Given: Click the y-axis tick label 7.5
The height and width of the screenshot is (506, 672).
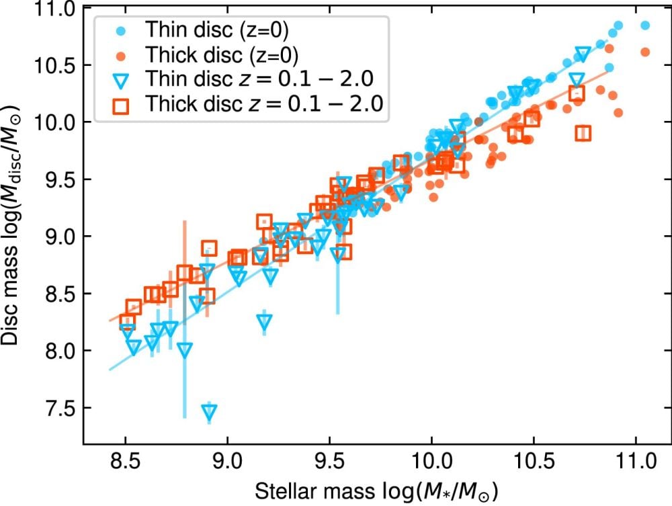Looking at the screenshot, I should click(x=61, y=409).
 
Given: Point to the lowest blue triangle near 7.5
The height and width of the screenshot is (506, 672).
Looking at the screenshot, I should click(x=210, y=413).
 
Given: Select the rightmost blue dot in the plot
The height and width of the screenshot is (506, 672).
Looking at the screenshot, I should click(x=645, y=26).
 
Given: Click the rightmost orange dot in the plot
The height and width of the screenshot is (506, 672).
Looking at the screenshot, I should click(x=645, y=52).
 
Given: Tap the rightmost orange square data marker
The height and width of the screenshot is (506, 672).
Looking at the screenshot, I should click(x=583, y=133).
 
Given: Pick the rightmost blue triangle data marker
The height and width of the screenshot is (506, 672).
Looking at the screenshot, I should click(x=583, y=53).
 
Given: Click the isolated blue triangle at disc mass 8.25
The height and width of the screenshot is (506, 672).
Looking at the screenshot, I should click(x=265, y=321).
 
